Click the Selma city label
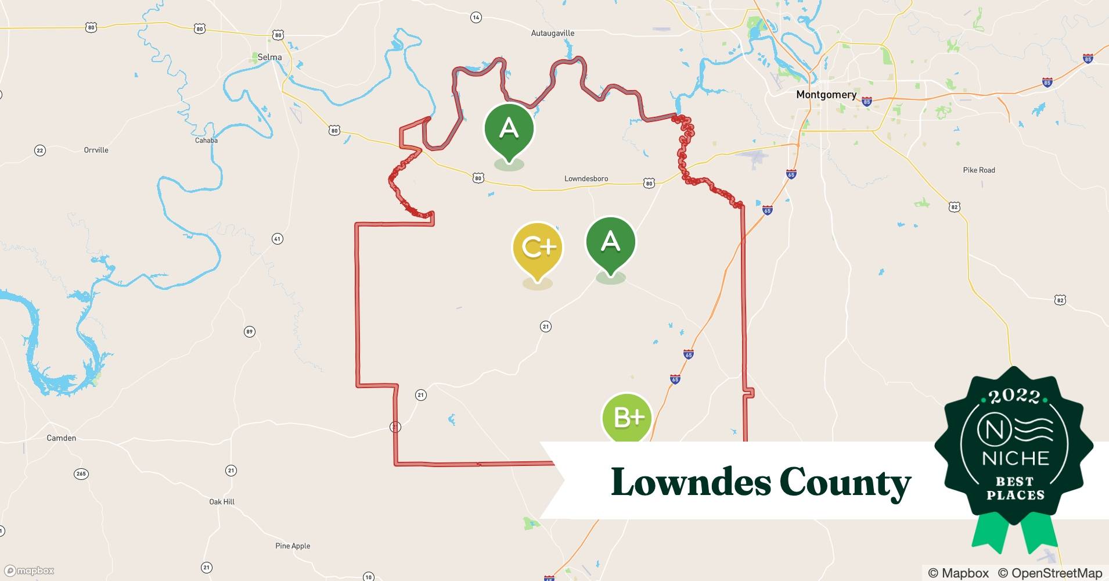point(269,57)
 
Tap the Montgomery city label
point(826,95)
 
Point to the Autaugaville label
point(552,33)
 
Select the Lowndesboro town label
point(586,178)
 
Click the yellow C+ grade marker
point(538,248)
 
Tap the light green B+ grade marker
point(628,417)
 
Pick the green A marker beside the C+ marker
point(610,242)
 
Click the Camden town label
point(61,438)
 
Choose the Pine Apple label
point(293,546)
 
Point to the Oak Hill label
point(222,501)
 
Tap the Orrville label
point(96,150)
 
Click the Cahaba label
point(206,140)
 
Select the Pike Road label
point(979,170)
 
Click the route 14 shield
point(476,17)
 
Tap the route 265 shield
point(81,474)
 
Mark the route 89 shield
point(249,332)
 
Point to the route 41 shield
point(278,239)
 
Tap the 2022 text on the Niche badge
point(1014,396)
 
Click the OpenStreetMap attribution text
point(1050,573)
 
